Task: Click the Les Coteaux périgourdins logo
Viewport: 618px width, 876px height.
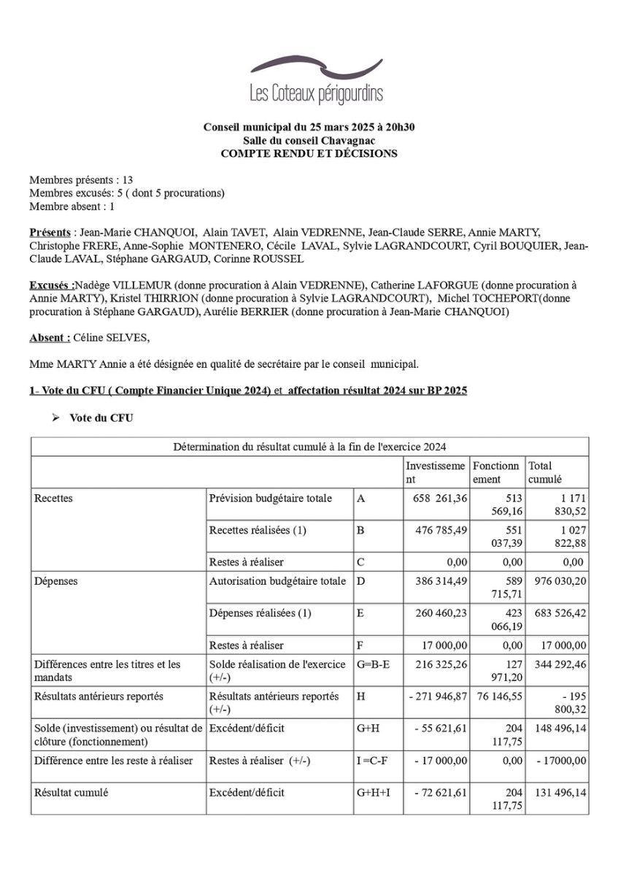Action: coord(316,81)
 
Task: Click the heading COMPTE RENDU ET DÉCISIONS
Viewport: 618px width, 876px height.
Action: coord(309,153)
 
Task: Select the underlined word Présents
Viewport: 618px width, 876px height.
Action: coord(50,233)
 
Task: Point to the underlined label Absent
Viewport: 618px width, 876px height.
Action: coord(50,338)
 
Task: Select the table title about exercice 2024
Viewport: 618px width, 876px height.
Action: coord(309,447)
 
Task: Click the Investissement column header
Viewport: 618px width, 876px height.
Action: coord(435,472)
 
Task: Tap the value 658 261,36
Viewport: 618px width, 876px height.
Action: coord(436,499)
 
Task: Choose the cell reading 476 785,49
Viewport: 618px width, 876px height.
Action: coord(436,531)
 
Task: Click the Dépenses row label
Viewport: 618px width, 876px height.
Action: coord(56,582)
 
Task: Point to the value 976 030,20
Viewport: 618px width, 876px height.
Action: coord(557,582)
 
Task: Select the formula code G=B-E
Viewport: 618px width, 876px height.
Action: coord(374,664)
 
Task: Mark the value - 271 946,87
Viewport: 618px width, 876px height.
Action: coord(438,696)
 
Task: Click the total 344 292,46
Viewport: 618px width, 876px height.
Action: coord(557,664)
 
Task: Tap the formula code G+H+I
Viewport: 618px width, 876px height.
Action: coord(374,792)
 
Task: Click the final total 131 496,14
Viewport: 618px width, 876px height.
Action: coord(557,792)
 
